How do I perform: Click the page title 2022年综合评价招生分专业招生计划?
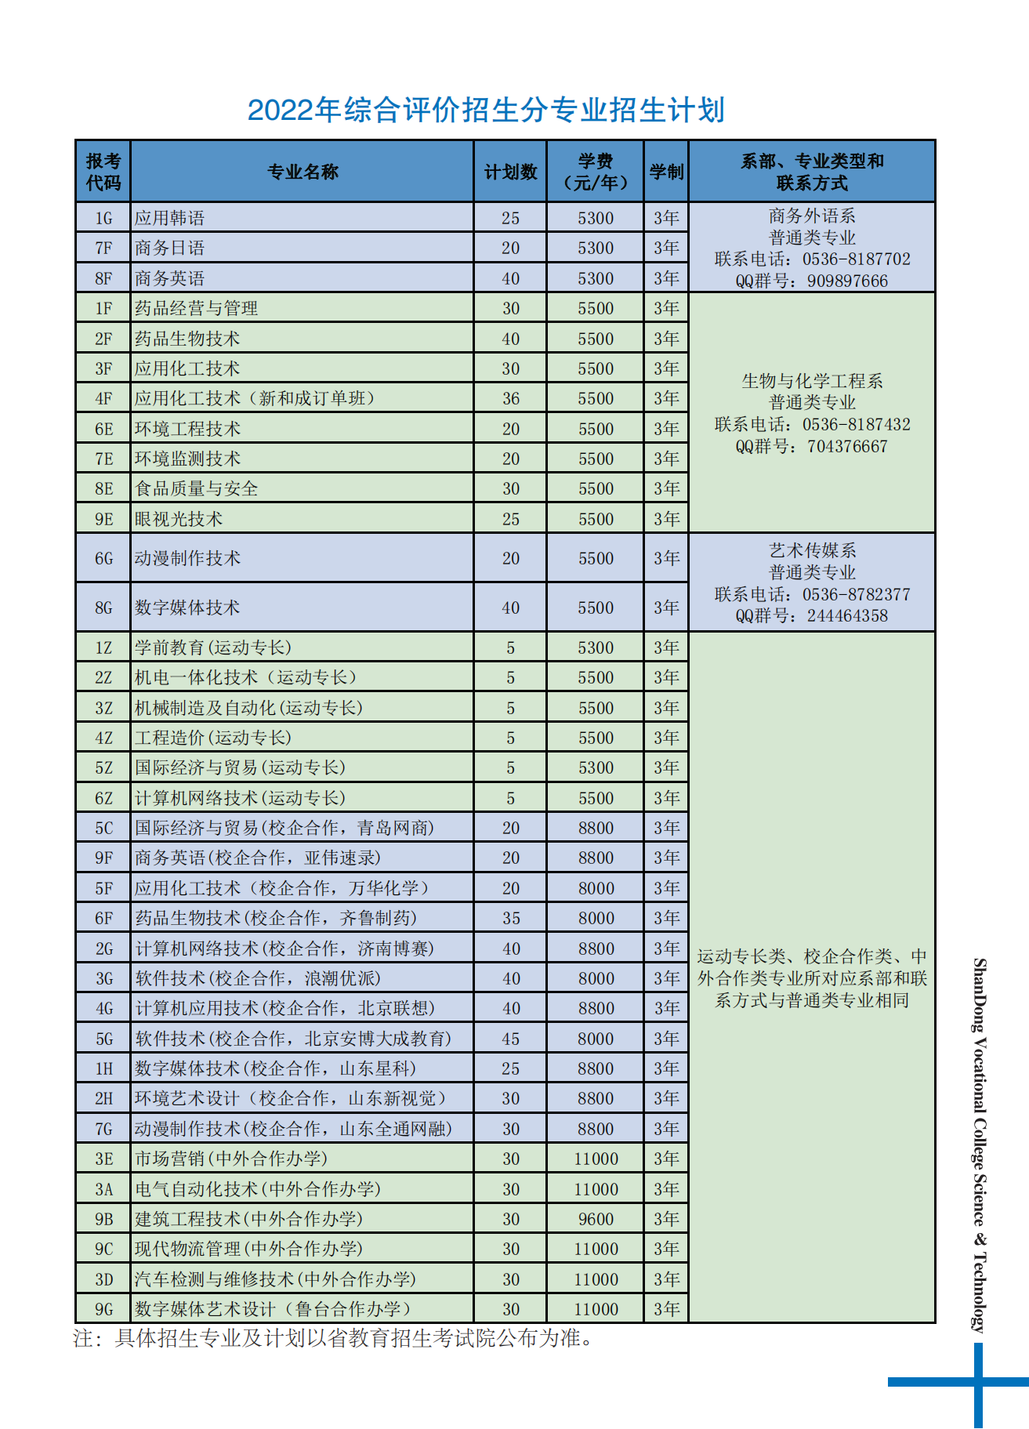tap(486, 110)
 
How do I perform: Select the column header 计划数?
tap(510, 172)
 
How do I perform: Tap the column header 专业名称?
tap(303, 172)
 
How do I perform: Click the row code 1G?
tap(103, 218)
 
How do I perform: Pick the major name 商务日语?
tap(169, 248)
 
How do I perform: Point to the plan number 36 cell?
tap(510, 399)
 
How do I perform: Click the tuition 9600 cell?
tap(596, 1219)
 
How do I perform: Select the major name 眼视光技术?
tap(179, 519)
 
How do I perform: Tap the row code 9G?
tap(103, 1309)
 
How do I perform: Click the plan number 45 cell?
tap(510, 1039)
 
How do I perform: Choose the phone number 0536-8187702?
tap(856, 259)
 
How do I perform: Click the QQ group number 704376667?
tap(847, 447)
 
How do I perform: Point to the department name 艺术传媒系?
tap(812, 551)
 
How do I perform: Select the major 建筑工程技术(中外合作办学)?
tap(248, 1219)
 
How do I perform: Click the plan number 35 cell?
tap(510, 918)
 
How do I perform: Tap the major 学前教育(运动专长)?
tap(212, 647)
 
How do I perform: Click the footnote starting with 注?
tap(333, 1338)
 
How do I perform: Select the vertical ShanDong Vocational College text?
tap(980, 1144)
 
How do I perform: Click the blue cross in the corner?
tap(977, 1382)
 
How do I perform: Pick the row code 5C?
tap(103, 828)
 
